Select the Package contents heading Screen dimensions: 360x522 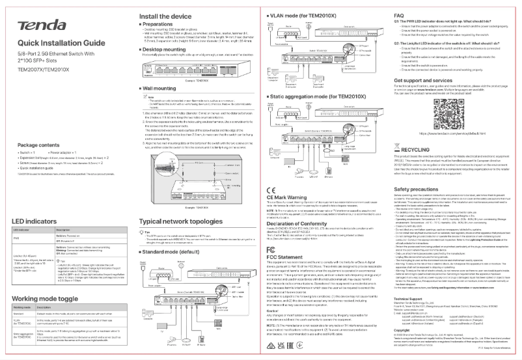click(38, 145)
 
